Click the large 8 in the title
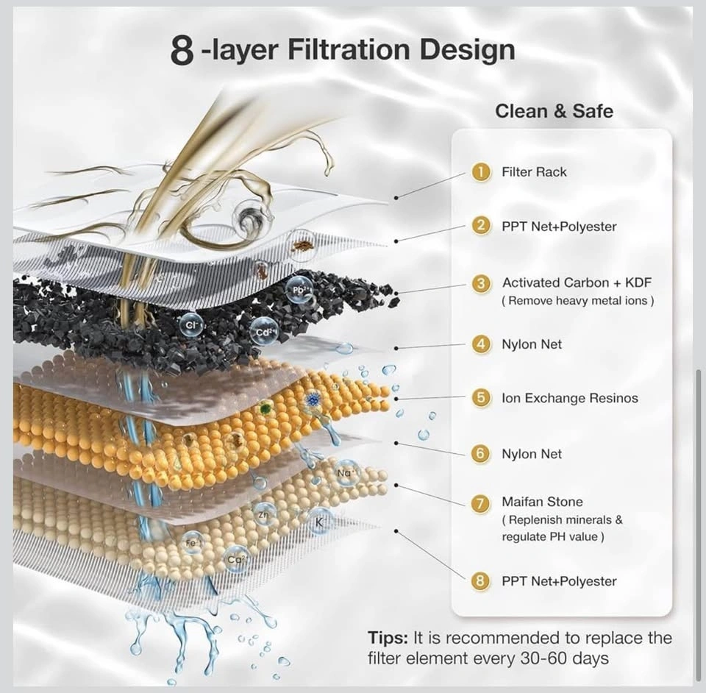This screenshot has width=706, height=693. (x=182, y=51)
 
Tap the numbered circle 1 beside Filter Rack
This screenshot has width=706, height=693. (x=481, y=171)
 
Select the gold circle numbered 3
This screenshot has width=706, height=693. (x=481, y=283)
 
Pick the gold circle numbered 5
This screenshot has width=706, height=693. (x=481, y=397)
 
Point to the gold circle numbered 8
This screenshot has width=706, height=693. (x=480, y=580)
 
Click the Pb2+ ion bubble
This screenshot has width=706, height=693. (x=299, y=290)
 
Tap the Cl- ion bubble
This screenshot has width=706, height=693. (x=190, y=325)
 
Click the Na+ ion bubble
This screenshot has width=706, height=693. (x=346, y=473)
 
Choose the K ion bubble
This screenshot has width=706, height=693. (x=319, y=522)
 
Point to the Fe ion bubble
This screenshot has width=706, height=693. (x=192, y=543)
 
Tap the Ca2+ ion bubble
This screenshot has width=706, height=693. (x=237, y=559)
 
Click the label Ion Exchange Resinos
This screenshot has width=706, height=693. (x=569, y=398)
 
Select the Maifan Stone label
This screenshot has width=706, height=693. (x=542, y=502)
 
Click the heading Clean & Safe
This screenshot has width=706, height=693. (x=554, y=111)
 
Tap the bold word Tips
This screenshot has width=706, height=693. (x=388, y=638)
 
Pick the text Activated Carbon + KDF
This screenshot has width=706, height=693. (x=577, y=282)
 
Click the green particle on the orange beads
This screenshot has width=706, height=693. (x=265, y=409)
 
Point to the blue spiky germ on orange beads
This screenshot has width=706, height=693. (x=311, y=399)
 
